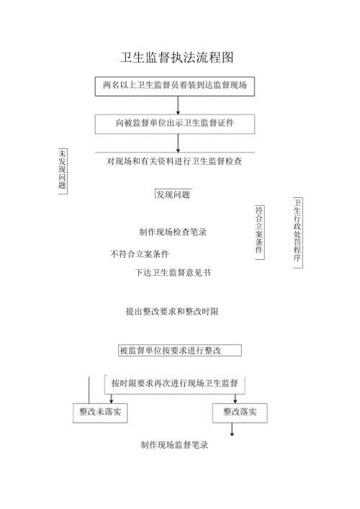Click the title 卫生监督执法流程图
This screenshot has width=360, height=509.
(177, 58)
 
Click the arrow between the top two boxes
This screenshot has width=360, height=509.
(178, 105)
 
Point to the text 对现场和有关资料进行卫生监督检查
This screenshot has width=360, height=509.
(174, 161)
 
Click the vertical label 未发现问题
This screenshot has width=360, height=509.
(62, 169)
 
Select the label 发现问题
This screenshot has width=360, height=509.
(173, 194)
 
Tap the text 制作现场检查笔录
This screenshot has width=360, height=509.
(173, 232)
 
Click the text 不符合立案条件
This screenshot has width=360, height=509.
(140, 254)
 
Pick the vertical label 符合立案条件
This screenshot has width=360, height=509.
(258, 230)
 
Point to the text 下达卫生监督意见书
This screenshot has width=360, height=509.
(173, 272)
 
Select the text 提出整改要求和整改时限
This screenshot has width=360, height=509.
(172, 312)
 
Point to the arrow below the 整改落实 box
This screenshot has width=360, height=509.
(232, 429)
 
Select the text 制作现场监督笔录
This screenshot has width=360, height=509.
(174, 445)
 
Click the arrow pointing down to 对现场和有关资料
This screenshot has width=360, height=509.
(178, 143)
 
